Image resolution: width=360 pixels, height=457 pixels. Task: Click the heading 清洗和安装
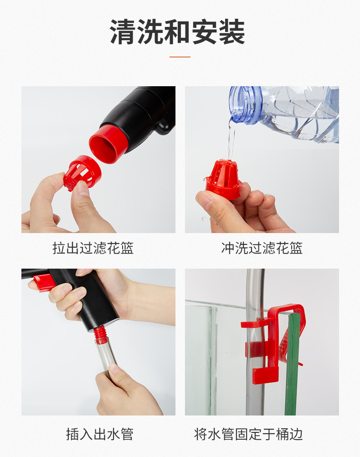click(x=178, y=32)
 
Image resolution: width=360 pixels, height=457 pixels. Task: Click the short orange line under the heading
click(x=180, y=57)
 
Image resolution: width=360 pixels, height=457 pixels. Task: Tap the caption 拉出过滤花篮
click(x=93, y=249)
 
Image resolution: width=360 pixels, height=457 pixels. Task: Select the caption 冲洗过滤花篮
click(x=262, y=249)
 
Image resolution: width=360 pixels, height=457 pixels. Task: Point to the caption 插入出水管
click(x=99, y=434)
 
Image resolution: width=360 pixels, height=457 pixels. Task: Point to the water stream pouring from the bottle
click(x=231, y=139)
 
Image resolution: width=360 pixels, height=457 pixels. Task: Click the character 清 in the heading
click(x=123, y=32)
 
